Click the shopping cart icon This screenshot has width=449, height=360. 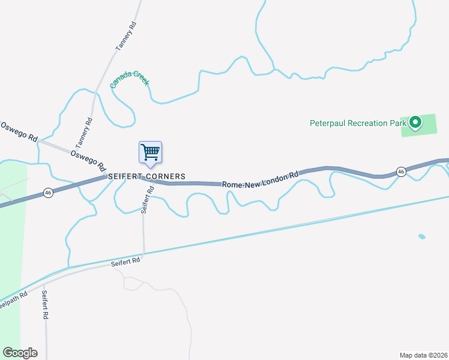click(150, 152)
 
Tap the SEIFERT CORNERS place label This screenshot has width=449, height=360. click(146, 176)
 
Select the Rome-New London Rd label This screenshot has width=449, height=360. click(260, 180)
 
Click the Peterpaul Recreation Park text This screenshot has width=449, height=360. click(358, 124)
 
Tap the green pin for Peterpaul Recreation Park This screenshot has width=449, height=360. click(415, 124)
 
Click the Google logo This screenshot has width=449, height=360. click(20, 353)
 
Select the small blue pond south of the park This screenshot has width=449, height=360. click(421, 236)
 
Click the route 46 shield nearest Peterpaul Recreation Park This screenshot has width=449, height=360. click(400, 172)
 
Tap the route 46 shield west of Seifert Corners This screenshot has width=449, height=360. click(48, 193)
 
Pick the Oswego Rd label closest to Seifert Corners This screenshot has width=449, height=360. click(88, 160)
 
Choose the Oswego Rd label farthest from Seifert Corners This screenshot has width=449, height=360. click(19, 131)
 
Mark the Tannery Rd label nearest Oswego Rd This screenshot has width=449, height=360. click(84, 133)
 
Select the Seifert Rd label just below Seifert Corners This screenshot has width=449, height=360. click(147, 200)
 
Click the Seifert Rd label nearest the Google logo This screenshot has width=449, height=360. click(45, 304)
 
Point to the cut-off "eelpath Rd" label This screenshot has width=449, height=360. click(13, 299)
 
